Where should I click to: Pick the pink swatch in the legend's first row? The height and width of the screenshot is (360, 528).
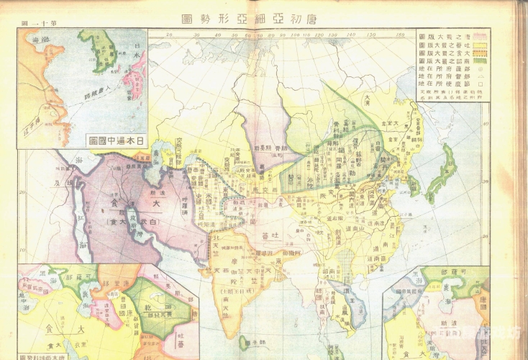click(x=479, y=35)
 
